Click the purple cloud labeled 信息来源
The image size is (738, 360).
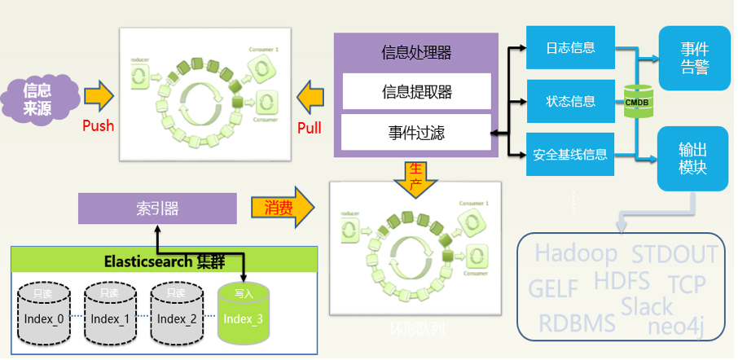pyautogui.click(x=37, y=99)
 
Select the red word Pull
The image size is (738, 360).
pyautogui.click(x=310, y=127)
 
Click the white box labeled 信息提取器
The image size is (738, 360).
pyautogui.click(x=416, y=91)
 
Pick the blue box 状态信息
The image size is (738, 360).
pyautogui.click(x=570, y=101)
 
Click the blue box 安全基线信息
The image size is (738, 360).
pyautogui.click(x=570, y=153)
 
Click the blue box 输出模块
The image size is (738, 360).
pyautogui.click(x=693, y=159)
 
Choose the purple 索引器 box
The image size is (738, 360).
pyautogui.click(x=157, y=209)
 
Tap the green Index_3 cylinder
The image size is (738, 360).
pyautogui.click(x=244, y=314)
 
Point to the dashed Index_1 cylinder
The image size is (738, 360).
pyautogui.click(x=109, y=314)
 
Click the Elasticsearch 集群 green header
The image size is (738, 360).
pyautogui.click(x=164, y=261)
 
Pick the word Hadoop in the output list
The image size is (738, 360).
pyautogui.click(x=576, y=252)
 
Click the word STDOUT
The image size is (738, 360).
pyautogui.click(x=675, y=255)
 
